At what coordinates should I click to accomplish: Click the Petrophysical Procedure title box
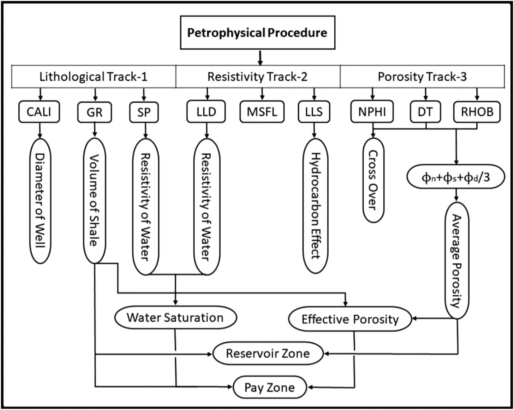[257, 33]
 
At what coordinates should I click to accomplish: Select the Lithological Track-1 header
[93, 77]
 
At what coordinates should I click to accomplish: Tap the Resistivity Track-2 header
[257, 77]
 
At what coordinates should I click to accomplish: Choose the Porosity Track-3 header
[422, 77]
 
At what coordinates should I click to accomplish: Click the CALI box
[39, 112]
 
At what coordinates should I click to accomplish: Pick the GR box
[94, 112]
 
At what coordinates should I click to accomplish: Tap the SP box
[144, 112]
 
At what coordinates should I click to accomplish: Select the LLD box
[206, 112]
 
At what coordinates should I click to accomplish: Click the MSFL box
[262, 112]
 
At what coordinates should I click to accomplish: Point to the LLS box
[314, 112]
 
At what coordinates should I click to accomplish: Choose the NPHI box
[372, 112]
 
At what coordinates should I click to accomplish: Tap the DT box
[425, 112]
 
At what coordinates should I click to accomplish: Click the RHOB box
[477, 112]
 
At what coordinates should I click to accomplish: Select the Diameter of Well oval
[40, 201]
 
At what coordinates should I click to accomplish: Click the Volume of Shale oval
[95, 201]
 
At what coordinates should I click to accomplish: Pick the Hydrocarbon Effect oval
[315, 206]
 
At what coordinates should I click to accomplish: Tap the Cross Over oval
[373, 180]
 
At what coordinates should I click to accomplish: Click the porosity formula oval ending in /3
[456, 177]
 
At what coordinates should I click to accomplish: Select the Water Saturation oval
[175, 317]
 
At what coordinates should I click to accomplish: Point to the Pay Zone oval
[270, 387]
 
